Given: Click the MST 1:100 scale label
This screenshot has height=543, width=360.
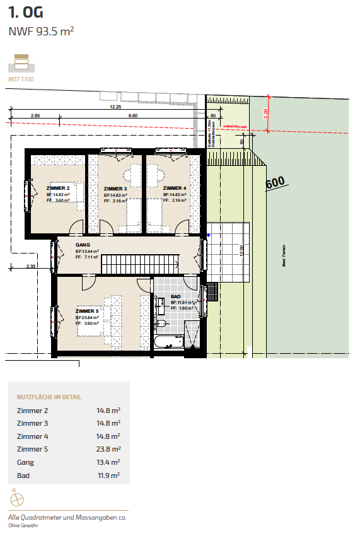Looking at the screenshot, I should coord(22,80).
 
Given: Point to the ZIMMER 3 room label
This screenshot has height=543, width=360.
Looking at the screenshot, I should coord(115,189).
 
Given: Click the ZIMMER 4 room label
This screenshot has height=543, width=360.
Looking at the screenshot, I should coord(174,188).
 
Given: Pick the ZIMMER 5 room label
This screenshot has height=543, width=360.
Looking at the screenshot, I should coord(87,311).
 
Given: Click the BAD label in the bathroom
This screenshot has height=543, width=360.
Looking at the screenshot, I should coord(176,296).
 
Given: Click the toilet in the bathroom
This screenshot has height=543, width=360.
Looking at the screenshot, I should coord(161,324).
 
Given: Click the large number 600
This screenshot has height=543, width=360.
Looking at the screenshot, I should coord(276,183).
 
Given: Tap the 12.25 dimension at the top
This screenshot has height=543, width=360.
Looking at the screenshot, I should coord(115,107).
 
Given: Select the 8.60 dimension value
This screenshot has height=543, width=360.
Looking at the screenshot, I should coord(132,116).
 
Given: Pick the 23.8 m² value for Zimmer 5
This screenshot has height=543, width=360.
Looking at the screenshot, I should coord(108,450).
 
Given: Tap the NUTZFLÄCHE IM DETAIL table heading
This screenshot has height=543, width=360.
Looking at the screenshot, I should coord(49,397).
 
